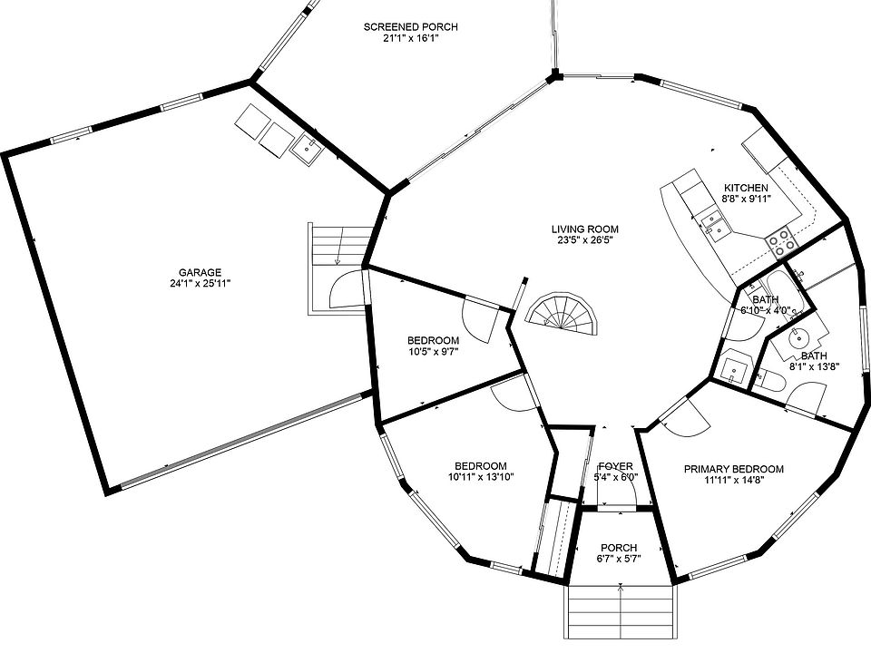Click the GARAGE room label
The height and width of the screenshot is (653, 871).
point(200,272)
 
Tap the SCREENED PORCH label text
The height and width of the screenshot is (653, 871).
point(410,27)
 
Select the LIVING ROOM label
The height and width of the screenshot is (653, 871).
point(584,229)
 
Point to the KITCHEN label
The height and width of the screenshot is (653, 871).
point(746,188)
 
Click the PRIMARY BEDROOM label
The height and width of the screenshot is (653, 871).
point(733,469)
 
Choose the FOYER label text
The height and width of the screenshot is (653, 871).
point(615,466)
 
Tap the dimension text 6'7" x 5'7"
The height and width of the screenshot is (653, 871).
point(618,559)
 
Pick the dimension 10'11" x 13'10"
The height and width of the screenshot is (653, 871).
point(480,477)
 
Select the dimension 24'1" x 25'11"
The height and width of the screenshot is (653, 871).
point(200,283)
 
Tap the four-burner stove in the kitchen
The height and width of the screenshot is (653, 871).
point(781,239)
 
